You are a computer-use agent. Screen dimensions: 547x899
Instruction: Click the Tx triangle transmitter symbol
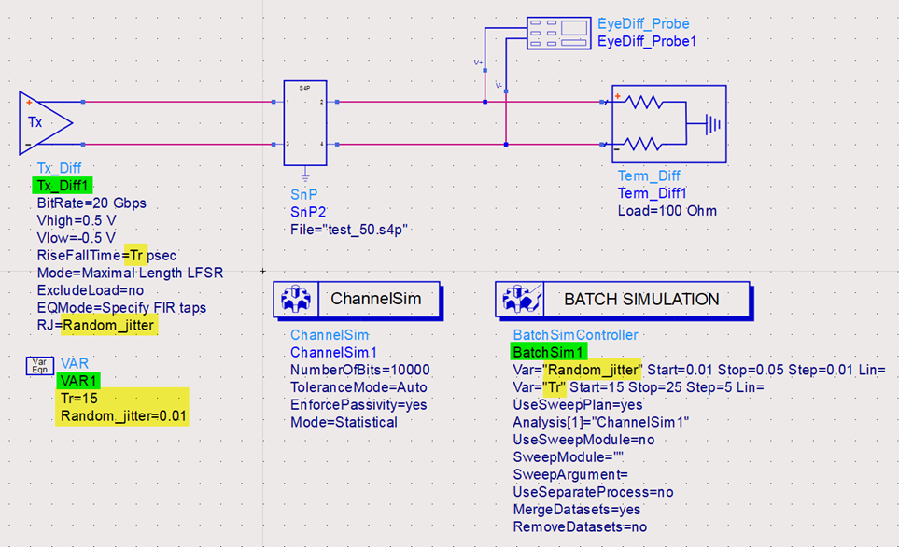[x=42, y=122]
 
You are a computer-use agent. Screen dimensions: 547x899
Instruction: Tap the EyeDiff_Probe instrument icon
[x=558, y=33]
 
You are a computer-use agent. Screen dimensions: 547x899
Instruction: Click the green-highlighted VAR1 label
[x=78, y=380]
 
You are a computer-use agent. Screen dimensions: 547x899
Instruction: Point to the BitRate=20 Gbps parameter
[x=91, y=203]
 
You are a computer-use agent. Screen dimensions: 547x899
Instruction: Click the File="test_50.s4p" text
[x=349, y=229]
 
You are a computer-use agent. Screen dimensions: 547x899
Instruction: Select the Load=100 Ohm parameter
[x=667, y=210]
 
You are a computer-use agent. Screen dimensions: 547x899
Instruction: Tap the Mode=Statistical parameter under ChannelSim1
[x=343, y=421]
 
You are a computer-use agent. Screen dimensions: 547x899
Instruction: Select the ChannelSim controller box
[x=356, y=300]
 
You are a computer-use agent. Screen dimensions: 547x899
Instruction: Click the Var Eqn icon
[x=39, y=365]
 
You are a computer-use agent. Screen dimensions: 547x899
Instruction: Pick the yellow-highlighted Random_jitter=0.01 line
[x=123, y=414]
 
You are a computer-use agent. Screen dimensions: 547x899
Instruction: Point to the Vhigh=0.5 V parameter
[x=77, y=219]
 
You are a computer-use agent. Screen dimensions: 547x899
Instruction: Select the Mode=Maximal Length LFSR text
[x=130, y=272]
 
